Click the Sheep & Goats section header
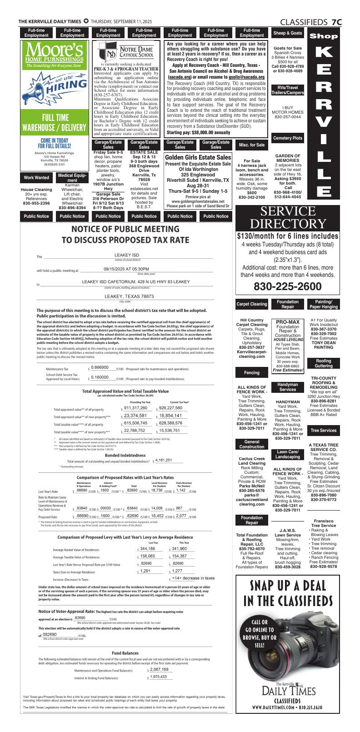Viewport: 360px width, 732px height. (287, 33)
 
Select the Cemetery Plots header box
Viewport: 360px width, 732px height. (287, 138)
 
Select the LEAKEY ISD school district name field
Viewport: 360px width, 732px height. (126, 255)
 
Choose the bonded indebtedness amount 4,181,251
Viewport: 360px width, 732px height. (163, 460)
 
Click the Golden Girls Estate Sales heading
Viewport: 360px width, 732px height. (198, 157)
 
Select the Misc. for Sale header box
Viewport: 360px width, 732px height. (251, 145)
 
